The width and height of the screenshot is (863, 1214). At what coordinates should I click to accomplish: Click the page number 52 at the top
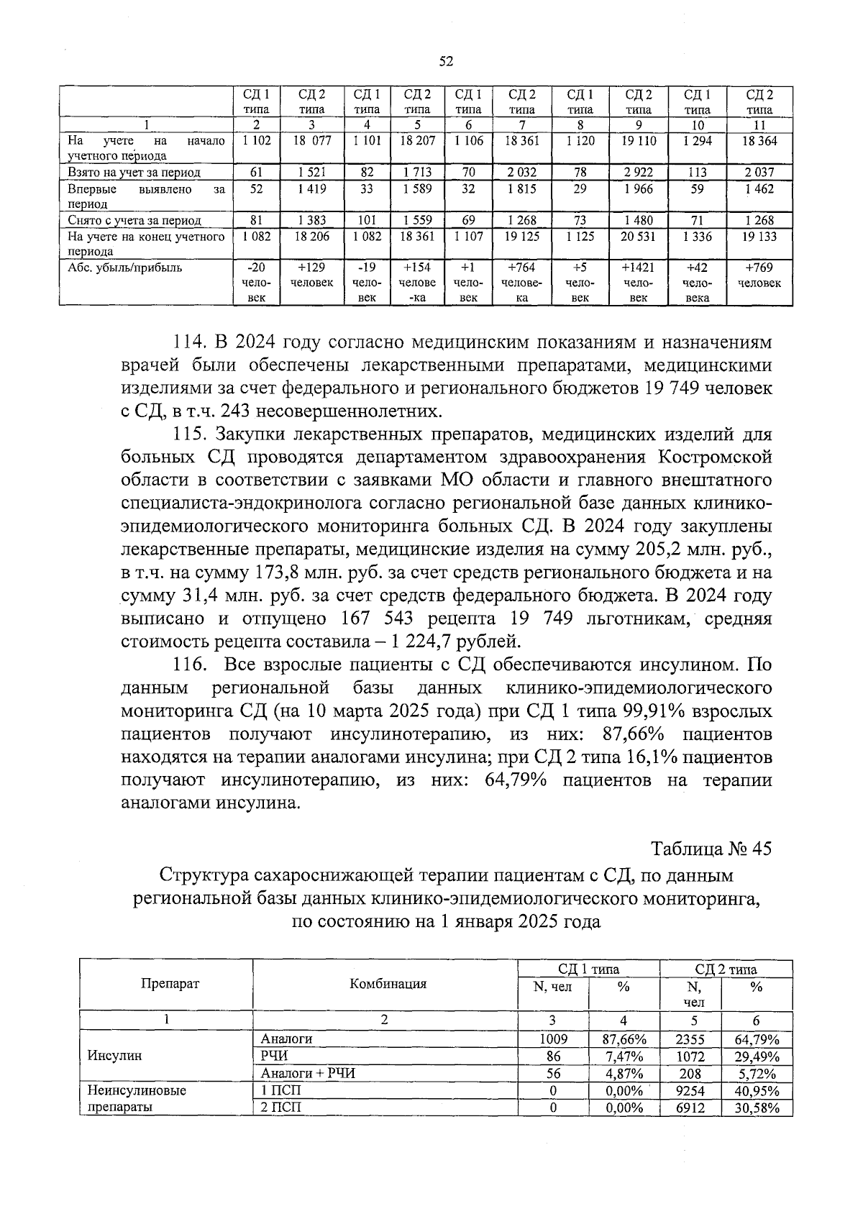pos(445,62)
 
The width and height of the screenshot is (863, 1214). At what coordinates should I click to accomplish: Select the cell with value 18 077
pos(311,141)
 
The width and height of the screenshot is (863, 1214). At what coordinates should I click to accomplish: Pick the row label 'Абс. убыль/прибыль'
pos(124,268)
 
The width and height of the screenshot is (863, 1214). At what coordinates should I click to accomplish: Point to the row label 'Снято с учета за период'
pos(134,221)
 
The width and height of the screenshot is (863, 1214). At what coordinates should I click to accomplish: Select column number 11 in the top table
pos(759,124)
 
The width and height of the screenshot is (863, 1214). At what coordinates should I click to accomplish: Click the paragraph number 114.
pos(190,342)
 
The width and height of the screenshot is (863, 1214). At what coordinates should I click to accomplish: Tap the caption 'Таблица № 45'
pos(711,849)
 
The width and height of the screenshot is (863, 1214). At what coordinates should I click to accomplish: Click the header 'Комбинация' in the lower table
pos(388,984)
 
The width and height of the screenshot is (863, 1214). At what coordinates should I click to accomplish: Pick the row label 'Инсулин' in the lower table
pos(114,1056)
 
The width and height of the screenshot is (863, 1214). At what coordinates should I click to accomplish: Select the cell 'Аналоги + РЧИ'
pos(309,1073)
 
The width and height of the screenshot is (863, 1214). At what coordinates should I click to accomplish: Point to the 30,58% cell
pos(757,1108)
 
